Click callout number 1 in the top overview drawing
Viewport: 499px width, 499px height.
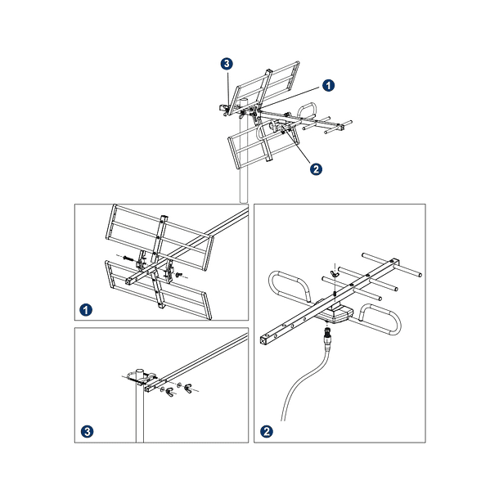pyautogui.click(x=327, y=84)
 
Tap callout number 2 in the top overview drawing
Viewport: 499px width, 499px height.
pyautogui.click(x=316, y=169)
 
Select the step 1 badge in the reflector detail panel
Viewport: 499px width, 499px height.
pyautogui.click(x=87, y=308)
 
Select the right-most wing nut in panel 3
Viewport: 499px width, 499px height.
pyautogui.click(x=179, y=386)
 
